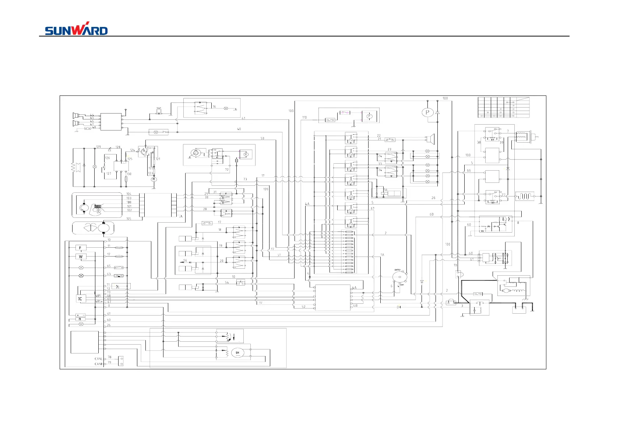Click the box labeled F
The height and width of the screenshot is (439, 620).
[x=81, y=248]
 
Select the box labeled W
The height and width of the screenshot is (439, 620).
[x=81, y=257]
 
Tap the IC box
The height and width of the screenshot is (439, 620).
[x=80, y=299]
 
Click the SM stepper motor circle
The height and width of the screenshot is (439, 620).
[x=237, y=353]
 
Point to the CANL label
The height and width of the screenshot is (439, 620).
[x=99, y=359]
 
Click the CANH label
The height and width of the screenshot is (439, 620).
[x=99, y=364]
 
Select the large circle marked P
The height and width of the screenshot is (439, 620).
[x=427, y=112]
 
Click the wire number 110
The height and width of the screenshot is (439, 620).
[x=304, y=118]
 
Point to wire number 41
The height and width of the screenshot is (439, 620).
[x=243, y=118]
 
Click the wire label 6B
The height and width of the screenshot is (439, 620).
[x=431, y=214]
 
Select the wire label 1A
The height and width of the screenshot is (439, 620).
[x=382, y=255]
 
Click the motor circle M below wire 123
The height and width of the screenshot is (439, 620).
[x=154, y=179]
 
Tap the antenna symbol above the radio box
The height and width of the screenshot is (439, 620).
[x=126, y=110]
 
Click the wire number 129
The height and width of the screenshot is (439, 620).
[x=98, y=147]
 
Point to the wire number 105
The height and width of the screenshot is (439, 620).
[x=128, y=219]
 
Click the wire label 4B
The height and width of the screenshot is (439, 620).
[x=355, y=305]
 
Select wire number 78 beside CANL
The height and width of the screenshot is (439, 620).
[x=109, y=357]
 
